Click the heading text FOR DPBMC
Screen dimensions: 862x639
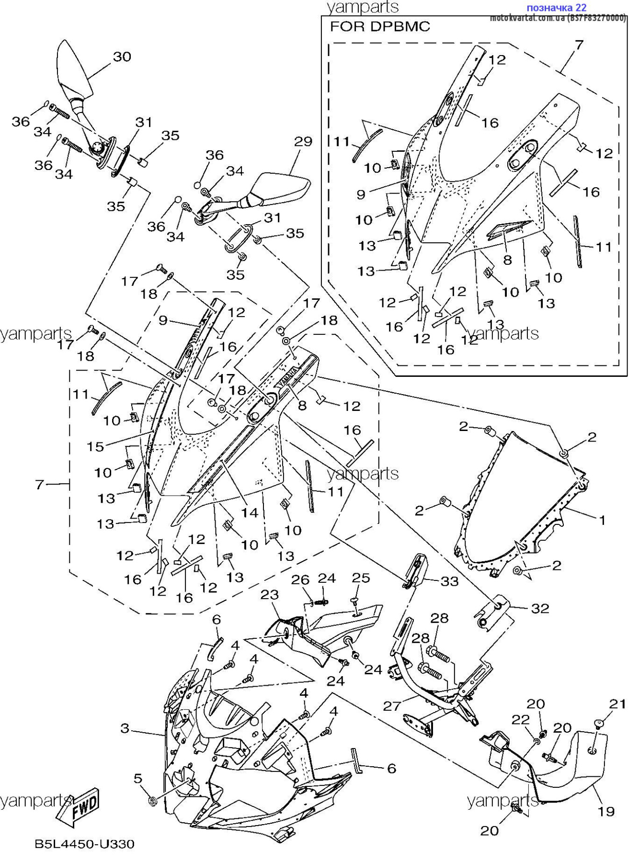click(380, 27)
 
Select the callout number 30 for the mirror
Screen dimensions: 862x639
click(122, 57)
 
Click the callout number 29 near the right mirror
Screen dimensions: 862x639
click(303, 141)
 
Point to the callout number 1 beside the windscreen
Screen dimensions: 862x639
click(602, 520)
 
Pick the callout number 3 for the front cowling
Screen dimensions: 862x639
click(125, 729)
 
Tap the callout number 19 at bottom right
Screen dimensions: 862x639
click(605, 811)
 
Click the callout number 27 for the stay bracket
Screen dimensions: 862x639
click(391, 706)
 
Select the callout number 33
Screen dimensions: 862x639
click(449, 581)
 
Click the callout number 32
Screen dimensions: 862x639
click(540, 608)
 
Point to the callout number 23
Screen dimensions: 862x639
click(270, 595)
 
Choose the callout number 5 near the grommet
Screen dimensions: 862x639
click(138, 779)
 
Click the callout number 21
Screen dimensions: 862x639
click(617, 704)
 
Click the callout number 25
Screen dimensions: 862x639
click(361, 578)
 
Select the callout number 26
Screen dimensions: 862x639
click(300, 580)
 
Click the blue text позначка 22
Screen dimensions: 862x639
click(556, 8)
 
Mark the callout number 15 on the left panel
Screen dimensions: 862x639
click(95, 447)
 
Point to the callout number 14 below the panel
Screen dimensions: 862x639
click(250, 513)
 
